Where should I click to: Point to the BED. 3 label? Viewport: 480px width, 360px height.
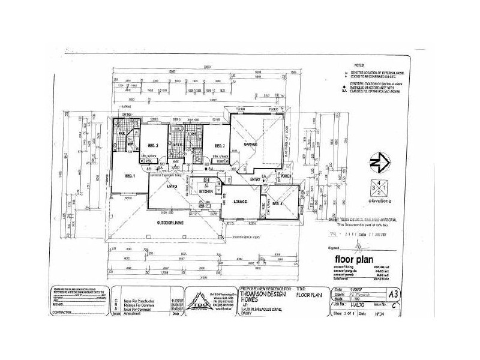tap(218, 145)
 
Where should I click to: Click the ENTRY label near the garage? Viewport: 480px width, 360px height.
tap(256, 179)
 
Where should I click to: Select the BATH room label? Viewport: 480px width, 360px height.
tap(178, 145)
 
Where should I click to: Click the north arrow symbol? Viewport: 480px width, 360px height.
tap(376, 162)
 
